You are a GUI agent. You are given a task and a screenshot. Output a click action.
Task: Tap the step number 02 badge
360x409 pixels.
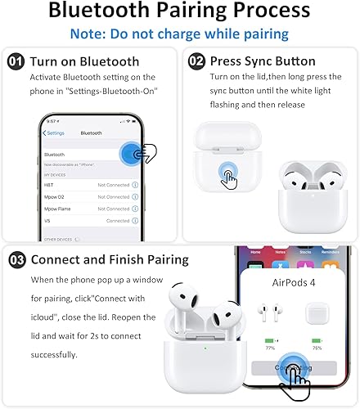point(196,62)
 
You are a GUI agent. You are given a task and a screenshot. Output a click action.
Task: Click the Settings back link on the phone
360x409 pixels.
point(54,133)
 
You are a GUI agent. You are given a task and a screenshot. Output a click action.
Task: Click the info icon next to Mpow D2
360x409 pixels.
point(135,197)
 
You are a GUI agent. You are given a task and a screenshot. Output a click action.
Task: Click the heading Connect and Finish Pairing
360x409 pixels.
point(110,260)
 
